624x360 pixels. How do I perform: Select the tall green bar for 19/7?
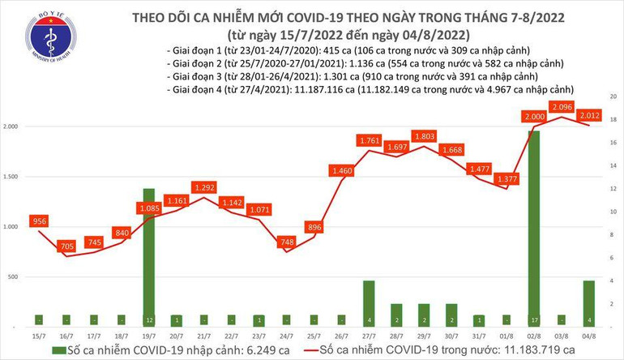point(149,256)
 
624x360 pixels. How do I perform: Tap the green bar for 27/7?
point(369,302)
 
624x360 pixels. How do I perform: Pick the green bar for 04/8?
point(589,302)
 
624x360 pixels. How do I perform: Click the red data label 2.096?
point(562,106)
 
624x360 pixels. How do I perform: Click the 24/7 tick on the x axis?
point(286,336)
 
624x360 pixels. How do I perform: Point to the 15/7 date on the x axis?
point(38,336)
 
